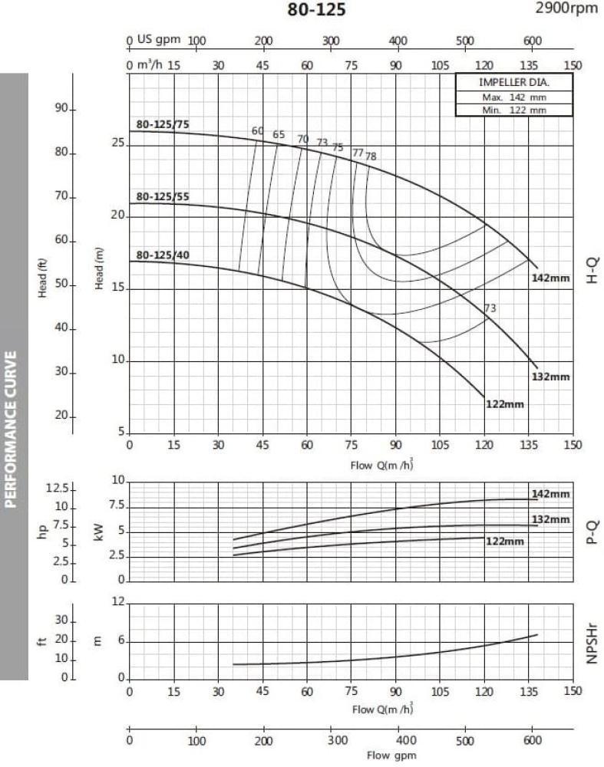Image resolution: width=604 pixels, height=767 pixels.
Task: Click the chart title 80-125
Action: (316, 10)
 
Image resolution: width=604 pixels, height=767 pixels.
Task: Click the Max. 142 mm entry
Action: (514, 97)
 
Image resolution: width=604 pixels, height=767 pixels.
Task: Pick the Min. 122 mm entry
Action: (514, 110)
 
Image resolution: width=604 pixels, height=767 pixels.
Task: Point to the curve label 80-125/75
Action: (163, 123)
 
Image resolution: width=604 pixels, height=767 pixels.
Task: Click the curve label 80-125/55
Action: (163, 197)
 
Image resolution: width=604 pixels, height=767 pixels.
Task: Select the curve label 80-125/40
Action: (163, 255)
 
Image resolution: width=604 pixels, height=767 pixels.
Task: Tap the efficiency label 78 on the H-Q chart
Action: (371, 156)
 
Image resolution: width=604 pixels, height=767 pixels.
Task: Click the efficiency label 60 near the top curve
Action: (258, 131)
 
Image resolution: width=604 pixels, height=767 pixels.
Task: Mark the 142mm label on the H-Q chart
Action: (551, 278)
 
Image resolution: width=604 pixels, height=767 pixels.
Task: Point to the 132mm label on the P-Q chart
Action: (551, 520)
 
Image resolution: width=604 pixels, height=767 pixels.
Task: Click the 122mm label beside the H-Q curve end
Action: (505, 404)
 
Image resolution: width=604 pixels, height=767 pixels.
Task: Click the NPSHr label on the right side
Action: (592, 642)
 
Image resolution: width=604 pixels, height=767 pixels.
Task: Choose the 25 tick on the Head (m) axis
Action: (117, 143)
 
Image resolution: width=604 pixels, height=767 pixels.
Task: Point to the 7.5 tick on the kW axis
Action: (117, 505)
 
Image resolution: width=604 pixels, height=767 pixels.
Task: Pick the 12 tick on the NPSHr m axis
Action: (117, 603)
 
